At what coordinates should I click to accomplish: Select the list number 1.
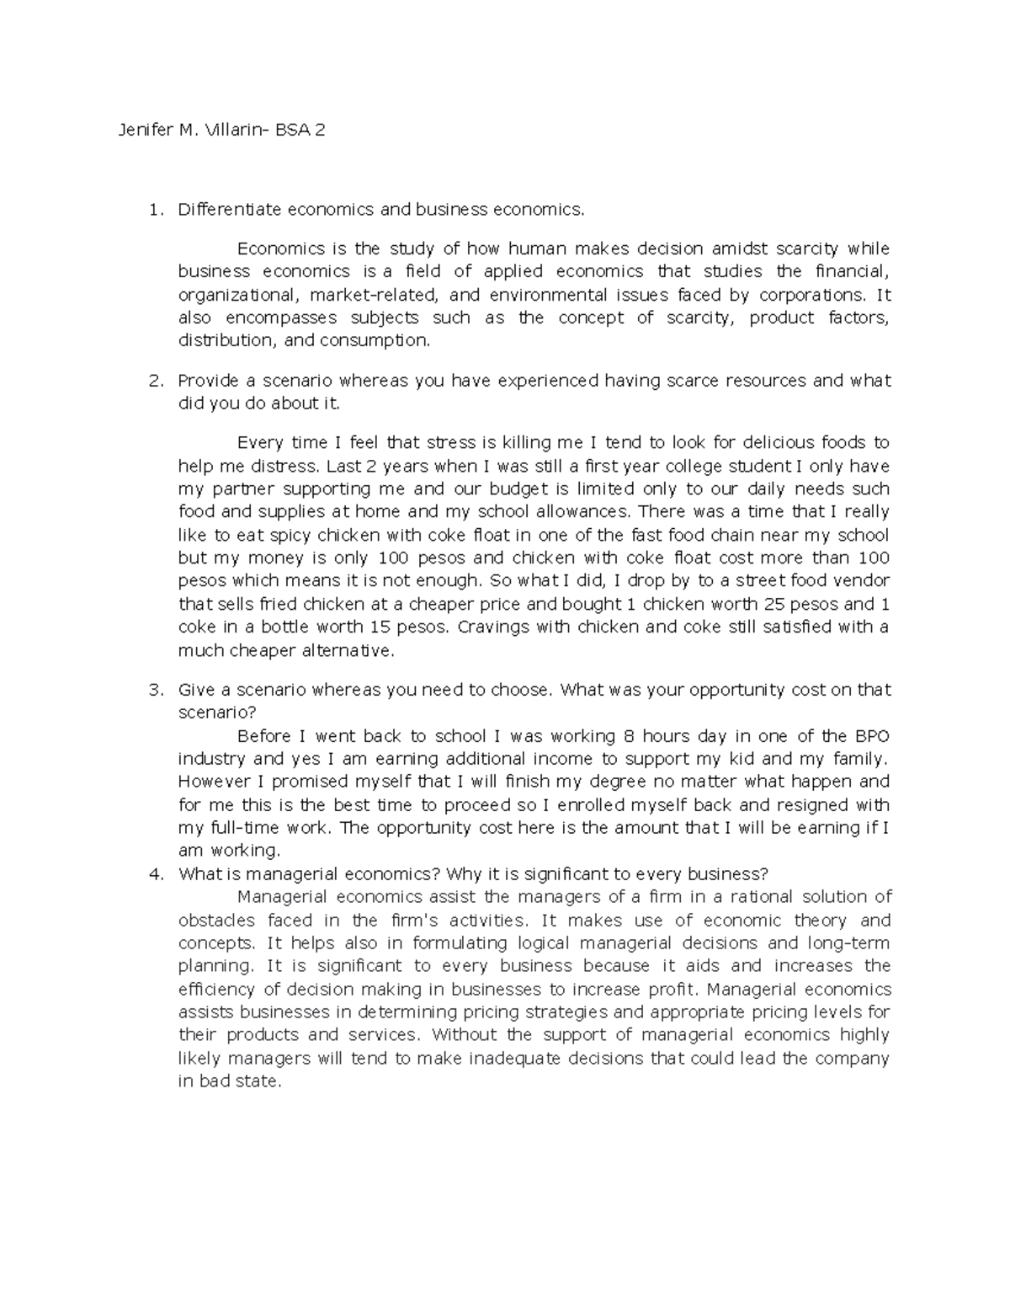pos(153,210)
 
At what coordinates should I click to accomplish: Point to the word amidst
pos(740,248)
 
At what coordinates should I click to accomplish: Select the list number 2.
pos(154,381)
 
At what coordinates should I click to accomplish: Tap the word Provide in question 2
pos(207,381)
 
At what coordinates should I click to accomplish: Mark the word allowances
pos(572,512)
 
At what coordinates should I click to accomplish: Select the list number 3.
pos(154,690)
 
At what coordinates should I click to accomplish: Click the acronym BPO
pos(871,736)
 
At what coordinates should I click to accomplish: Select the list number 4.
pos(154,873)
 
